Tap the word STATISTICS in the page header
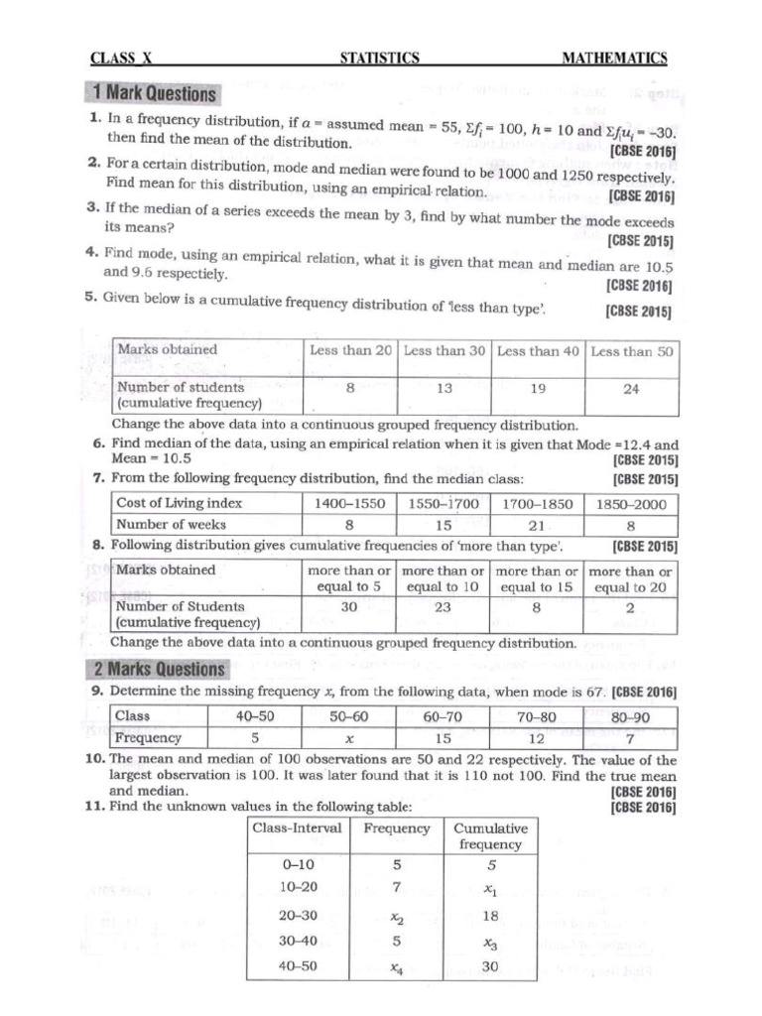380,59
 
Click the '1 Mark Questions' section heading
153,94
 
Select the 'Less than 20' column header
350,351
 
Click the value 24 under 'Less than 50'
631,389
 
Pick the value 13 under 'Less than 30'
444,389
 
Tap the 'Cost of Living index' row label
180,503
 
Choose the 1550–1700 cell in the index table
444,503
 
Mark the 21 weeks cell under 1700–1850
537,524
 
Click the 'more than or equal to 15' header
537,578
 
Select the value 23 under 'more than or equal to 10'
444,606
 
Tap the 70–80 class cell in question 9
537,715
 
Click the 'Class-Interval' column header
298,828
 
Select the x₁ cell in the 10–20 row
490,887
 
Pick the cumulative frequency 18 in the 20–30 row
490,915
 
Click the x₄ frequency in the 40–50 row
397,968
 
